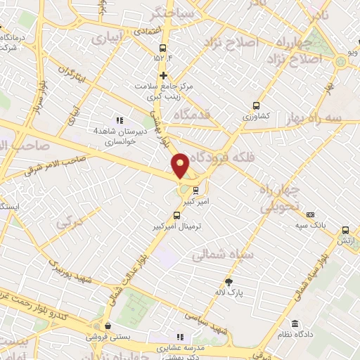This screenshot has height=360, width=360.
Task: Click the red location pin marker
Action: [x=181, y=165]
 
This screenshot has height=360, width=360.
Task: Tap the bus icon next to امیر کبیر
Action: [x=196, y=189]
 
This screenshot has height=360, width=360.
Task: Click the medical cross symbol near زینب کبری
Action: [x=164, y=75]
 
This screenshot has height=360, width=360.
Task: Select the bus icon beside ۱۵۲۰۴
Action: [x=163, y=49]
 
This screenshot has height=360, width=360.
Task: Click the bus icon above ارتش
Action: [x=345, y=229]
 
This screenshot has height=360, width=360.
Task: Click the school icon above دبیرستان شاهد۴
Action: [x=119, y=120]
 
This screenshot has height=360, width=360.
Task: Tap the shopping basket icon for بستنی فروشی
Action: [x=108, y=326]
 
